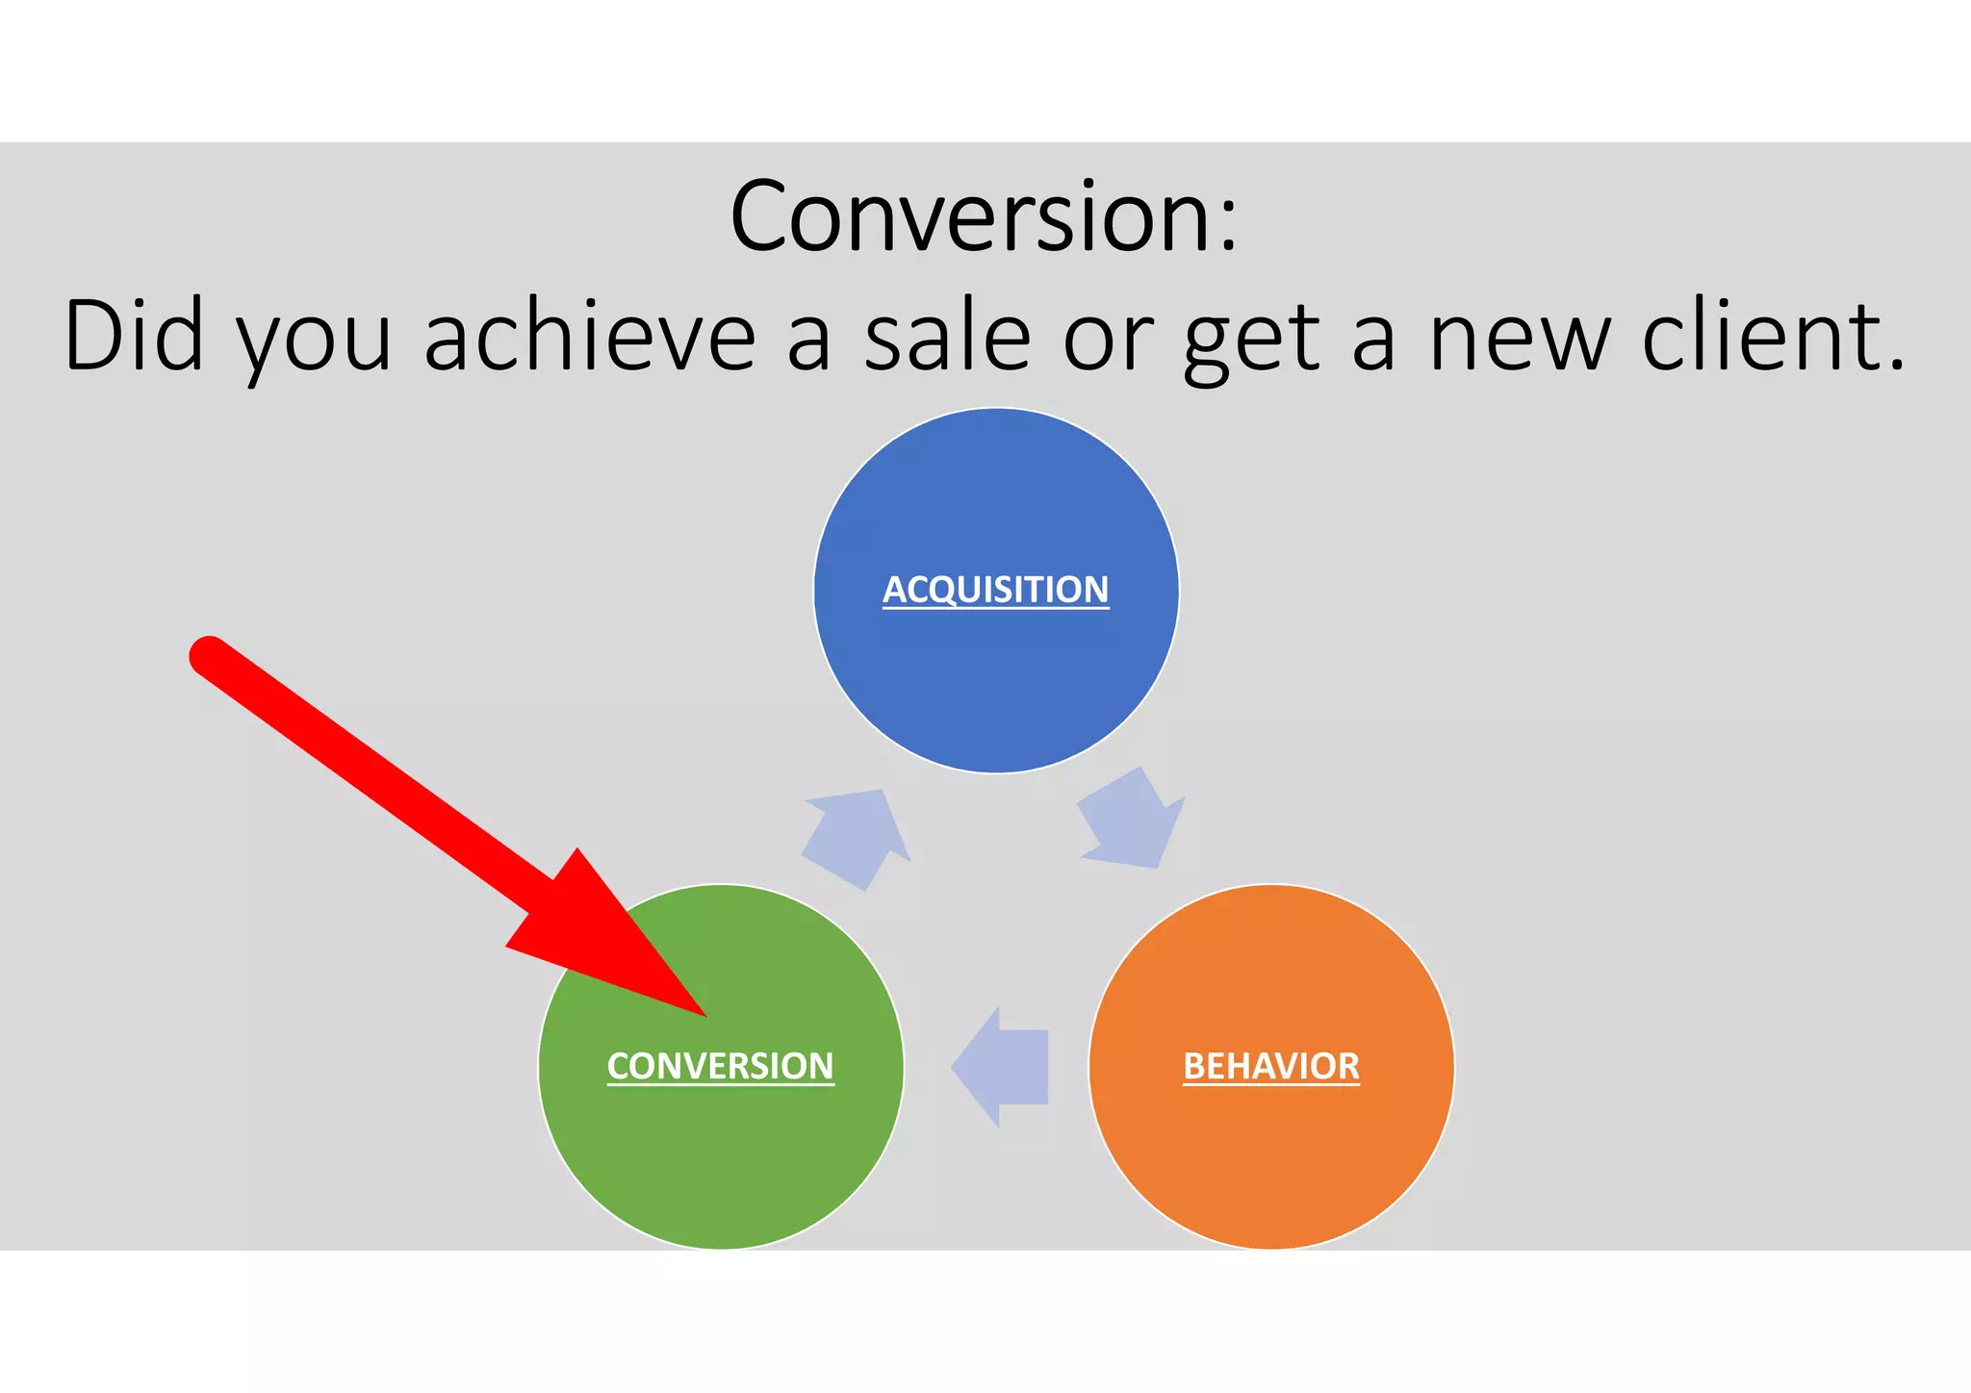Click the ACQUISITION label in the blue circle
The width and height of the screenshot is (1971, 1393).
(x=995, y=589)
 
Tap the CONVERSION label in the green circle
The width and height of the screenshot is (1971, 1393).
(x=720, y=1066)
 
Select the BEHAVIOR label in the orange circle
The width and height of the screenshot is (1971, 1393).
(x=1270, y=1066)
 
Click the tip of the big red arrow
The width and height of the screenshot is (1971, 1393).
(x=705, y=1015)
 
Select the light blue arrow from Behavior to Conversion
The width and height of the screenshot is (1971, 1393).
(x=1001, y=1067)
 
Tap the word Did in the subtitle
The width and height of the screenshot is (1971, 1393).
(x=134, y=337)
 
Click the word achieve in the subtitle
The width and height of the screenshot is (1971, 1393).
(x=589, y=337)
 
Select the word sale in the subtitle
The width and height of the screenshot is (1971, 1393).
(x=947, y=337)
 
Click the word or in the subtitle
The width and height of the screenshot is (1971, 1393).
(x=1107, y=342)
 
